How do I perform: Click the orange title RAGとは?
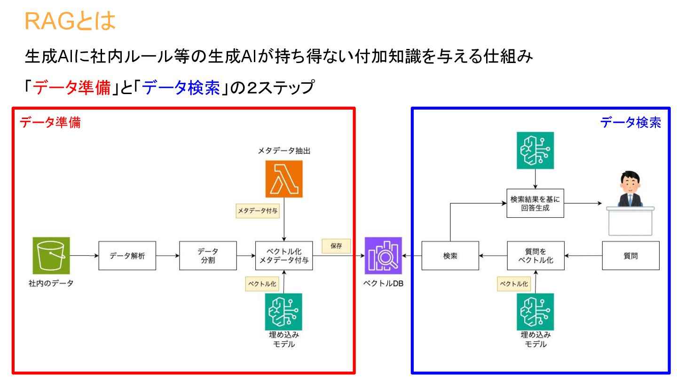[70, 21]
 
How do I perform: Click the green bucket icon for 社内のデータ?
[51, 255]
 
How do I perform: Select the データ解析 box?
[127, 256]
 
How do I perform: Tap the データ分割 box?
[208, 256]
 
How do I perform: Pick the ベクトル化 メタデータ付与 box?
[284, 256]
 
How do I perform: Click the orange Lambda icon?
[284, 179]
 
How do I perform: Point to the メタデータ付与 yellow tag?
[258, 211]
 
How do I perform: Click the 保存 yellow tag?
[336, 246]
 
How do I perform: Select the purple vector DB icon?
[384, 255]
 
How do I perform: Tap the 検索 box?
[450, 256]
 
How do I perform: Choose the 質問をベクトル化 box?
[535, 256]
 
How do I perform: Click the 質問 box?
[630, 256]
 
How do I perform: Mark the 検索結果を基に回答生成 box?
[535, 203]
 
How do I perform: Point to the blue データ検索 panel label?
[630, 123]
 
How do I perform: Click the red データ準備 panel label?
[50, 123]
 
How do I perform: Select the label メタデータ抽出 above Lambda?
[283, 151]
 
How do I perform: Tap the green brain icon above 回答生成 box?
[535, 150]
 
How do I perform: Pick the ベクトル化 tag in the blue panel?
[514, 284]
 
